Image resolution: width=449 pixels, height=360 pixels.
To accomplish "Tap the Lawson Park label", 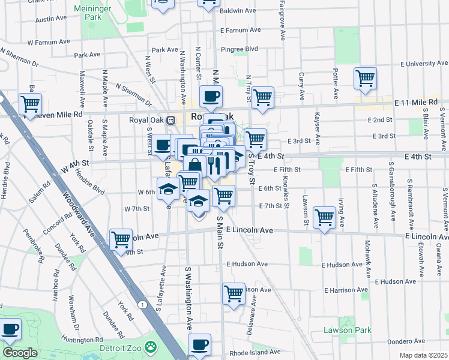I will (x=348, y=330).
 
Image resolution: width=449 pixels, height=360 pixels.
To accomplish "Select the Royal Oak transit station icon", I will (x=171, y=119).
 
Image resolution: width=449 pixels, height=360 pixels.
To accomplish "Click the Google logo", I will (x=20, y=353).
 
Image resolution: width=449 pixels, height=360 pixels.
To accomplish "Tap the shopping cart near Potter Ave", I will (x=365, y=78).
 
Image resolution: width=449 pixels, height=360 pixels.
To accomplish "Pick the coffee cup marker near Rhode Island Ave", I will (x=200, y=344).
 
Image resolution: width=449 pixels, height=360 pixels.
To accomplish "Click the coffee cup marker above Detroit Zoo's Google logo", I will (x=10, y=329).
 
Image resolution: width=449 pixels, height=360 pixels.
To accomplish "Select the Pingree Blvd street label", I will (x=243, y=48).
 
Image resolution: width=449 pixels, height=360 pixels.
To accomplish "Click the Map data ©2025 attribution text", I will (x=423, y=355).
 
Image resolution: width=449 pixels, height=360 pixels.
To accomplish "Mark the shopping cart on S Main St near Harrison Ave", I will (x=234, y=294).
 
